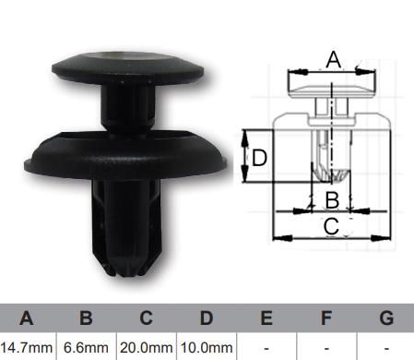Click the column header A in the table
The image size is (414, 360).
tap(27, 318)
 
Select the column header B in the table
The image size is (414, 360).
tap(86, 318)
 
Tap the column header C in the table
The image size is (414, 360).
tap(147, 318)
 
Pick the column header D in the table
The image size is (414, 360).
tap(207, 318)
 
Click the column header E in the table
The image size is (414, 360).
tap(266, 318)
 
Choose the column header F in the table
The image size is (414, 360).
tap(326, 318)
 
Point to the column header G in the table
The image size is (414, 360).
tap(386, 318)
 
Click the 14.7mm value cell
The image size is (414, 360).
tap(27, 348)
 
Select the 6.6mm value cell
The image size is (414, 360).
tap(86, 348)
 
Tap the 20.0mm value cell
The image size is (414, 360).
tap(147, 348)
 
